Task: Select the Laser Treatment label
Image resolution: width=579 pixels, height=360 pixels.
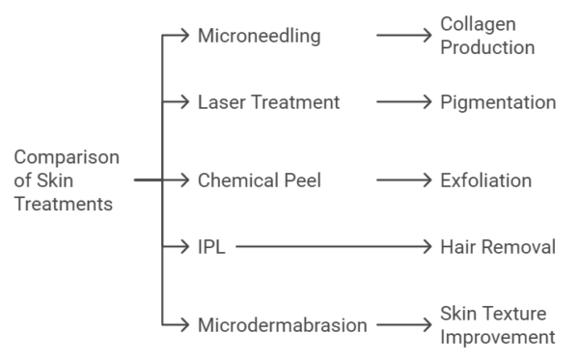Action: pos(269,101)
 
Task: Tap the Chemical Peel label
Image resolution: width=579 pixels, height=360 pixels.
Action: pos(261,180)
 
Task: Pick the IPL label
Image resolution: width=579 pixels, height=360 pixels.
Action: pos(211,247)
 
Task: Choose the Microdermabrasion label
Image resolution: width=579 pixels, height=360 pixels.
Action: pos(282,325)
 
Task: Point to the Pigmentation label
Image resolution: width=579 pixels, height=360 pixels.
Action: pos(498,101)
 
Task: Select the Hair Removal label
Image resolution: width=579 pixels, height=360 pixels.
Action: pos(498,247)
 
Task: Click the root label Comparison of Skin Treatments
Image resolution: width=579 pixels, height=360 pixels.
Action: pos(67,180)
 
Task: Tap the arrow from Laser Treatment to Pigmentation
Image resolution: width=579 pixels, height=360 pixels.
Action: pos(403,101)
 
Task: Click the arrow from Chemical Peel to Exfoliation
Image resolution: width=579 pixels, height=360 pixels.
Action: pos(403,180)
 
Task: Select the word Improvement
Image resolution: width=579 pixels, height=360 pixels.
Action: pos(498,337)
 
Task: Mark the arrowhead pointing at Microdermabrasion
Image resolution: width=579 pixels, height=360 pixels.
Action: pos(187,325)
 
